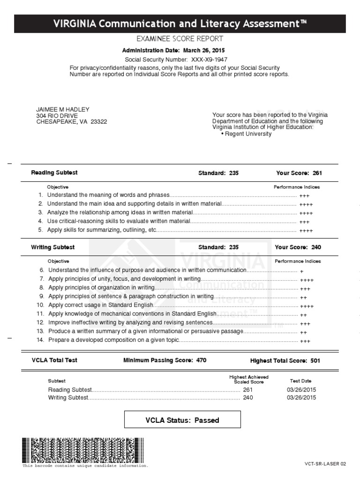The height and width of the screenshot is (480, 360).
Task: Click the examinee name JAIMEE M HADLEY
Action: tap(63, 109)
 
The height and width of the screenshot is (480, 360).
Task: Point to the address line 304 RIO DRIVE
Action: tap(57, 115)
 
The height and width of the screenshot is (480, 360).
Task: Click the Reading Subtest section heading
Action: tap(54, 172)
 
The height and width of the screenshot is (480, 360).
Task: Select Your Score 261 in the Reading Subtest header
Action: tap(317, 173)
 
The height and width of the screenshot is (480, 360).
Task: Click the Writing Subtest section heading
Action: tap(53, 247)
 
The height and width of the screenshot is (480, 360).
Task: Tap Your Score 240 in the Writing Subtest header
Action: tap(316, 247)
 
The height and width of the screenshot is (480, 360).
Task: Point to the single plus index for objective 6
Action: tap(301, 271)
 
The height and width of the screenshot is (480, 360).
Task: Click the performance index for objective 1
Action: tap(304, 196)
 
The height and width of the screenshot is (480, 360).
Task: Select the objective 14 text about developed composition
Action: tap(114, 340)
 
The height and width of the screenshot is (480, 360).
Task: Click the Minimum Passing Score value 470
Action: tap(200, 360)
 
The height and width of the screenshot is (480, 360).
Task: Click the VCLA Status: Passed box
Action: tap(182, 420)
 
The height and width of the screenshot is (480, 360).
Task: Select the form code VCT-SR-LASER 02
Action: tap(325, 464)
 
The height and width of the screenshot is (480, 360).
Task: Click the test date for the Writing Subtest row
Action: tap(301, 397)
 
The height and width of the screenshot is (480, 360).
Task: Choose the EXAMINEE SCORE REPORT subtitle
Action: tap(180, 39)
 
